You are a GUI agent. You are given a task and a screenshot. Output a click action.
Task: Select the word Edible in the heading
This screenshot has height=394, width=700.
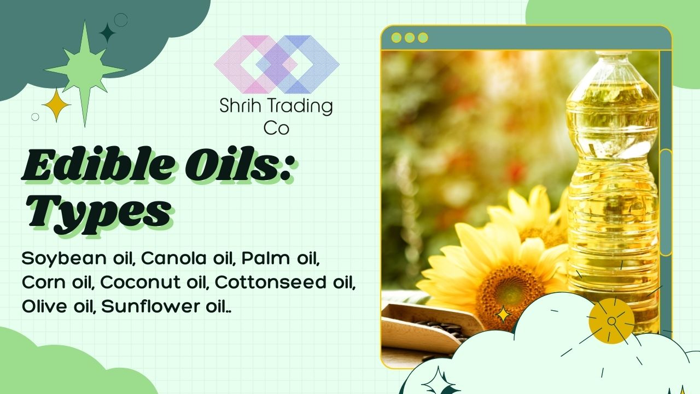coord(97,165)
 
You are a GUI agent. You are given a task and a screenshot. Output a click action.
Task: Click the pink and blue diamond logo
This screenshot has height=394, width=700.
coord(277,64)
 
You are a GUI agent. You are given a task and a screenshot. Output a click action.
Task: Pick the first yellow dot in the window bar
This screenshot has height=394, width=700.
coord(396,38)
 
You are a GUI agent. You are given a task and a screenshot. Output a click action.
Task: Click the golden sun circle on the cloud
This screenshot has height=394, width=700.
coord(611,321)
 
